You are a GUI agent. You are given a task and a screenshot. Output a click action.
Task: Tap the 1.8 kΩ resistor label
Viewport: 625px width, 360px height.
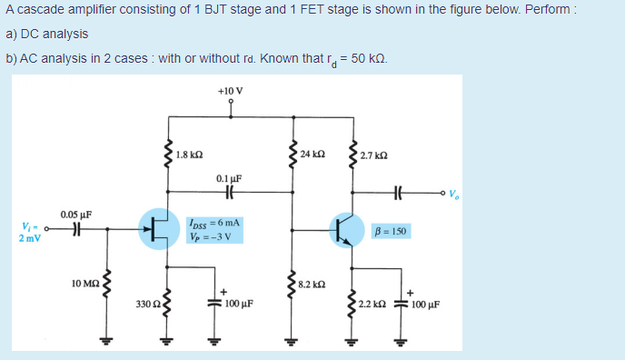[189, 155]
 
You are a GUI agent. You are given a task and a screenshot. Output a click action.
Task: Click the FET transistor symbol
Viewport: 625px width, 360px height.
[159, 227]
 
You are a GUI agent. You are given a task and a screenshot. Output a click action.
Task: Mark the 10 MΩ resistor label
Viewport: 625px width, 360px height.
[84, 285]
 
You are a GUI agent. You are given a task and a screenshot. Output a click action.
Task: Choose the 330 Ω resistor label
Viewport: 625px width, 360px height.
[146, 302]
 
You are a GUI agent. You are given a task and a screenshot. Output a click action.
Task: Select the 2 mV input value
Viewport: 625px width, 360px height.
[28, 238]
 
